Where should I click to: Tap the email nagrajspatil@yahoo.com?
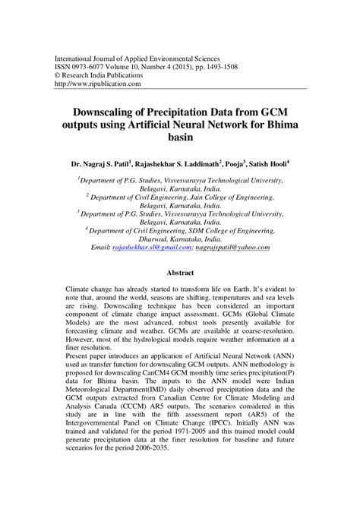tap(240, 248)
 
